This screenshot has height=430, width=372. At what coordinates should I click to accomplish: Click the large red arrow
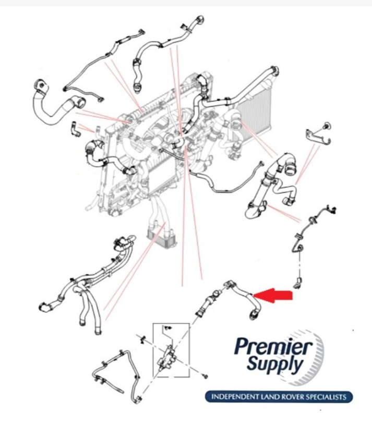tap(273, 296)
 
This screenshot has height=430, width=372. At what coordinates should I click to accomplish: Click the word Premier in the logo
tap(273, 347)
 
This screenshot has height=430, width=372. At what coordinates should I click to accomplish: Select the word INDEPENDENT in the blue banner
tap(235, 397)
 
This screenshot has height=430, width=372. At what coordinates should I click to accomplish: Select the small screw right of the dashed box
tap(205, 376)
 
